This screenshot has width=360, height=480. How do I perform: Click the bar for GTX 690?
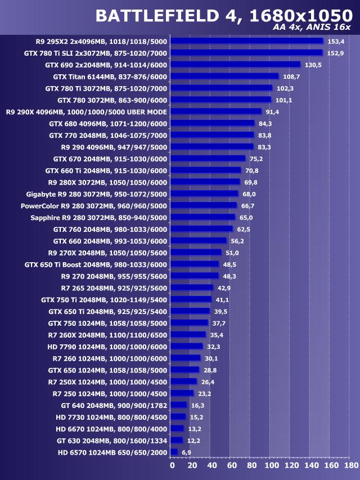[x=235, y=65]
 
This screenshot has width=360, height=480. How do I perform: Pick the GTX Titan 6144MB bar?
[x=224, y=76]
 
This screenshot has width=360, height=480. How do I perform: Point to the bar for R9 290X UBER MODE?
[x=215, y=111]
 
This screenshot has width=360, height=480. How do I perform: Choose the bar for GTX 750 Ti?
[x=191, y=299]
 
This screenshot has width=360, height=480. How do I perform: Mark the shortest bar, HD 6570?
[x=174, y=452]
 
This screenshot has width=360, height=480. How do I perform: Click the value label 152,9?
[x=335, y=53]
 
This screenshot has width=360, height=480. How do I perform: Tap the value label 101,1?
[x=283, y=100]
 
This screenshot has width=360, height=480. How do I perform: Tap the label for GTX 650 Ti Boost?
[x=96, y=264]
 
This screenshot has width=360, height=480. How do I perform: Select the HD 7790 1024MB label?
[x=107, y=347]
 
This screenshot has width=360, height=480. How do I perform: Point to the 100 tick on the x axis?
[x=272, y=466]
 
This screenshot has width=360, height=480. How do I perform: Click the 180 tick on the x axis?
[x=352, y=466]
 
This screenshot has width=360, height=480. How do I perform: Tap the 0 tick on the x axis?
[x=172, y=466]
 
